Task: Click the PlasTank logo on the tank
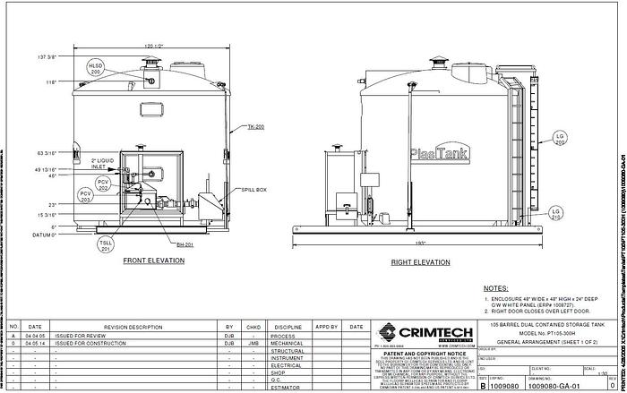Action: click(x=432, y=153)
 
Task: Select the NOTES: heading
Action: click(x=496, y=289)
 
